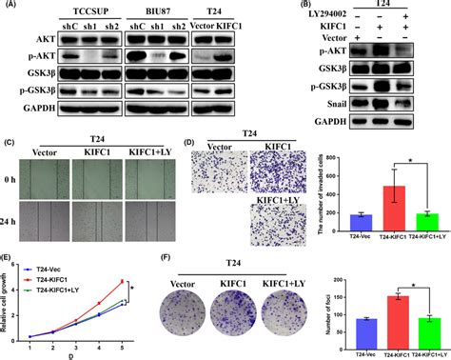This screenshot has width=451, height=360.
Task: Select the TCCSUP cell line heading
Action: click(75, 8)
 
